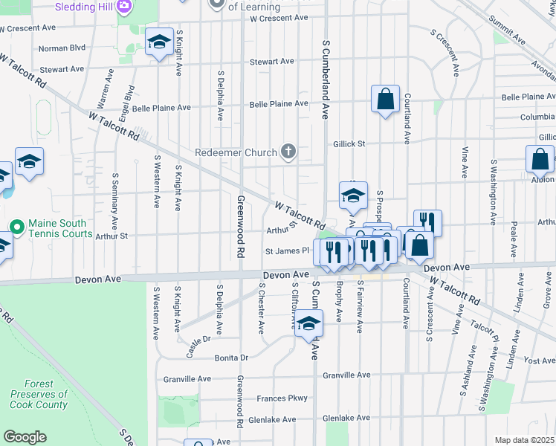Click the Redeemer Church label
(x=234, y=152)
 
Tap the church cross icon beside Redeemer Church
(x=288, y=152)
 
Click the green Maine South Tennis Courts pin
(x=16, y=224)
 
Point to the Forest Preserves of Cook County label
(x=39, y=395)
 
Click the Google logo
(x=25, y=437)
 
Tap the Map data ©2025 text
(x=524, y=440)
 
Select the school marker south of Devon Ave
(x=308, y=324)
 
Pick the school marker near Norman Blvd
(x=159, y=44)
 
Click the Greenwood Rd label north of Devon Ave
(x=240, y=227)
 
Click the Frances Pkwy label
(x=282, y=398)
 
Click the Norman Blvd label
(x=62, y=48)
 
